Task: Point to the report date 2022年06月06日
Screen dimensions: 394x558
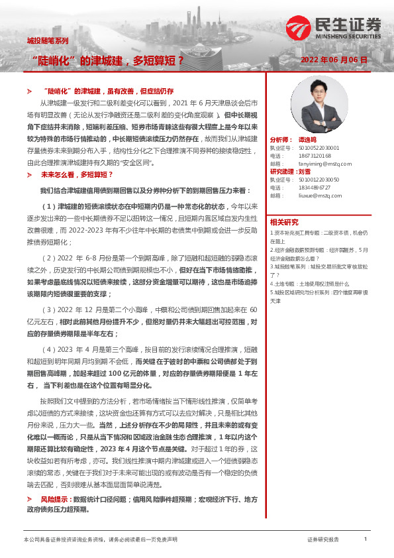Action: tap(333, 60)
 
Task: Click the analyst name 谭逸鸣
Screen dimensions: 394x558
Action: tap(305, 140)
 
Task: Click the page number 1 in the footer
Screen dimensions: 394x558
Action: tap(365, 539)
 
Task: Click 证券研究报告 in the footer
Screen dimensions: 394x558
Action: tap(323, 540)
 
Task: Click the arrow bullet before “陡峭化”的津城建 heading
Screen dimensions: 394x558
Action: tap(29, 89)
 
